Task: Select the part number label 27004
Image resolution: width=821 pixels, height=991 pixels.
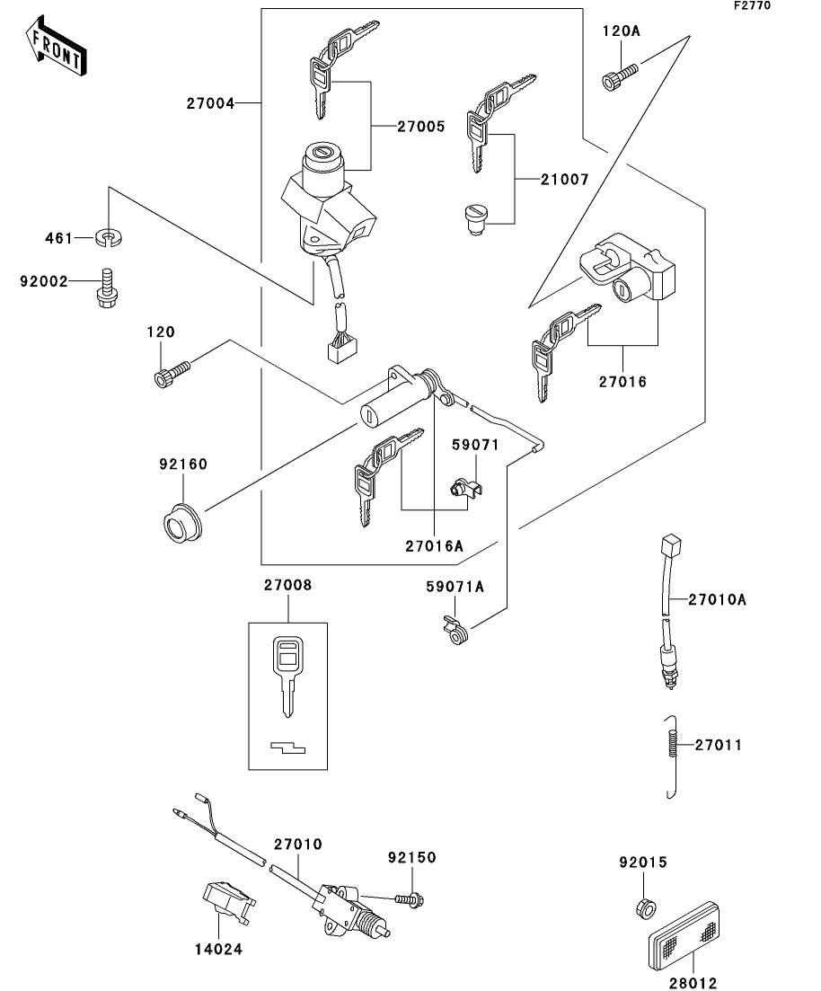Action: (x=210, y=103)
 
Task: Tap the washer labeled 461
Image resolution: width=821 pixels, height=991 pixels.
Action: (x=109, y=237)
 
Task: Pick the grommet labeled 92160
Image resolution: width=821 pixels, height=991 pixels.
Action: (x=182, y=522)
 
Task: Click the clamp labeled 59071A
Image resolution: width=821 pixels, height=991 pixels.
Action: (x=455, y=630)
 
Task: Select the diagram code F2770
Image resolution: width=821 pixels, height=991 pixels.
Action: (x=752, y=5)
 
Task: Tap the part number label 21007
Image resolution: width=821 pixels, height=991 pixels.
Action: (x=564, y=180)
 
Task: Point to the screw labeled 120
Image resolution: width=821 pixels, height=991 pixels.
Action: (x=172, y=372)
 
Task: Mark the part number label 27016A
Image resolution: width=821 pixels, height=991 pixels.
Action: (x=434, y=545)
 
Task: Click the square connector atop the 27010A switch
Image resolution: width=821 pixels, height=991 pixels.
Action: (x=671, y=545)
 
